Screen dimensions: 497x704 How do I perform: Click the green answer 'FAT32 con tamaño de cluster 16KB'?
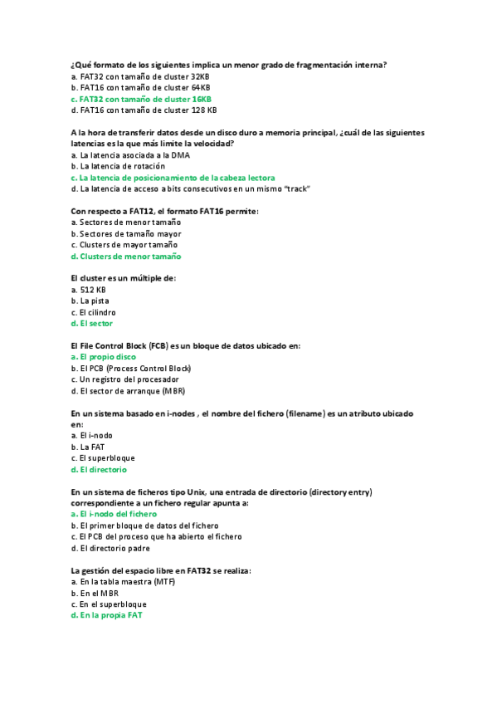point(145,98)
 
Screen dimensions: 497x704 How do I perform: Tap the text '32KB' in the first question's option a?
point(200,76)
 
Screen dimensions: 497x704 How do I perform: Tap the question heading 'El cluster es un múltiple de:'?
point(124,278)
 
